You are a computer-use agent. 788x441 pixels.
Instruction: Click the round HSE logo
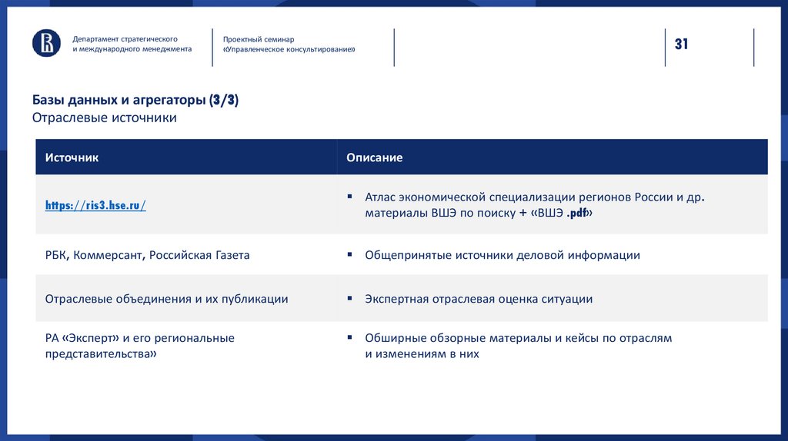point(46,43)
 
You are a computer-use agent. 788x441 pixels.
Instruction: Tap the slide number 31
point(681,45)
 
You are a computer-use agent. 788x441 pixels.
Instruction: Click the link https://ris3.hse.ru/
point(95,205)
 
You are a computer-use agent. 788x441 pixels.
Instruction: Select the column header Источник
point(72,157)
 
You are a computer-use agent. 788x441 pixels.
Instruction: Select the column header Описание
point(374,157)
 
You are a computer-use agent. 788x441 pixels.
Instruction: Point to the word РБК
point(56,255)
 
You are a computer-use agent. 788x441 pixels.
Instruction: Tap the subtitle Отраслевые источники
point(104,118)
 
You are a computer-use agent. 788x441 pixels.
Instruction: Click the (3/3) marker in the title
point(223,101)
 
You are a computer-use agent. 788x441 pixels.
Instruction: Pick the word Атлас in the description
point(381,197)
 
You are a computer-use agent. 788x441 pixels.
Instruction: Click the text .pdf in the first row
point(577,214)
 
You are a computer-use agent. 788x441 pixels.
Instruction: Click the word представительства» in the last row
point(101,354)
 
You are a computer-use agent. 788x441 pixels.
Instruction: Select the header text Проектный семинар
point(259,39)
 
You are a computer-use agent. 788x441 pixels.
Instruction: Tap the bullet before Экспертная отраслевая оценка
point(349,298)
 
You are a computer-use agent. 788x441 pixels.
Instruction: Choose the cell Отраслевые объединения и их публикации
point(166,299)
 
